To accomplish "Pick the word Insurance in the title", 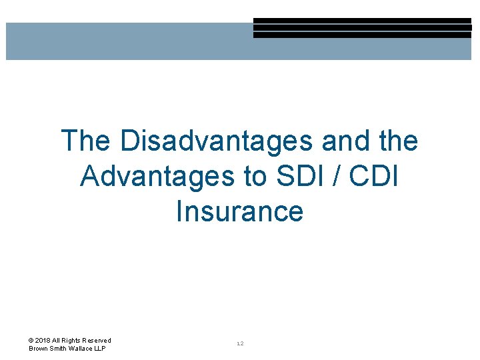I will (239, 211).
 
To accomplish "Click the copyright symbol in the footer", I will (31, 341).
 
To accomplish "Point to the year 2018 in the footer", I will (43, 341).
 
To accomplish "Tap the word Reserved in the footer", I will (97, 341).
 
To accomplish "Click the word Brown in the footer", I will (39, 349).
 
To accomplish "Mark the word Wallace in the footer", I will (81, 349).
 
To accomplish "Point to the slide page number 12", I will (240, 344).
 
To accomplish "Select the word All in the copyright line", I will (57, 341).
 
